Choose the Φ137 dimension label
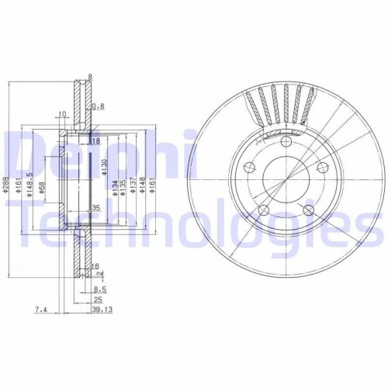coord(133,185)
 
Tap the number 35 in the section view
coord(97,209)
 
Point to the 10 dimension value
coord(61,116)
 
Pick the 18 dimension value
coord(96,142)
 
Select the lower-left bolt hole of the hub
coord(262,210)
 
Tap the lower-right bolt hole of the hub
coord(310,210)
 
